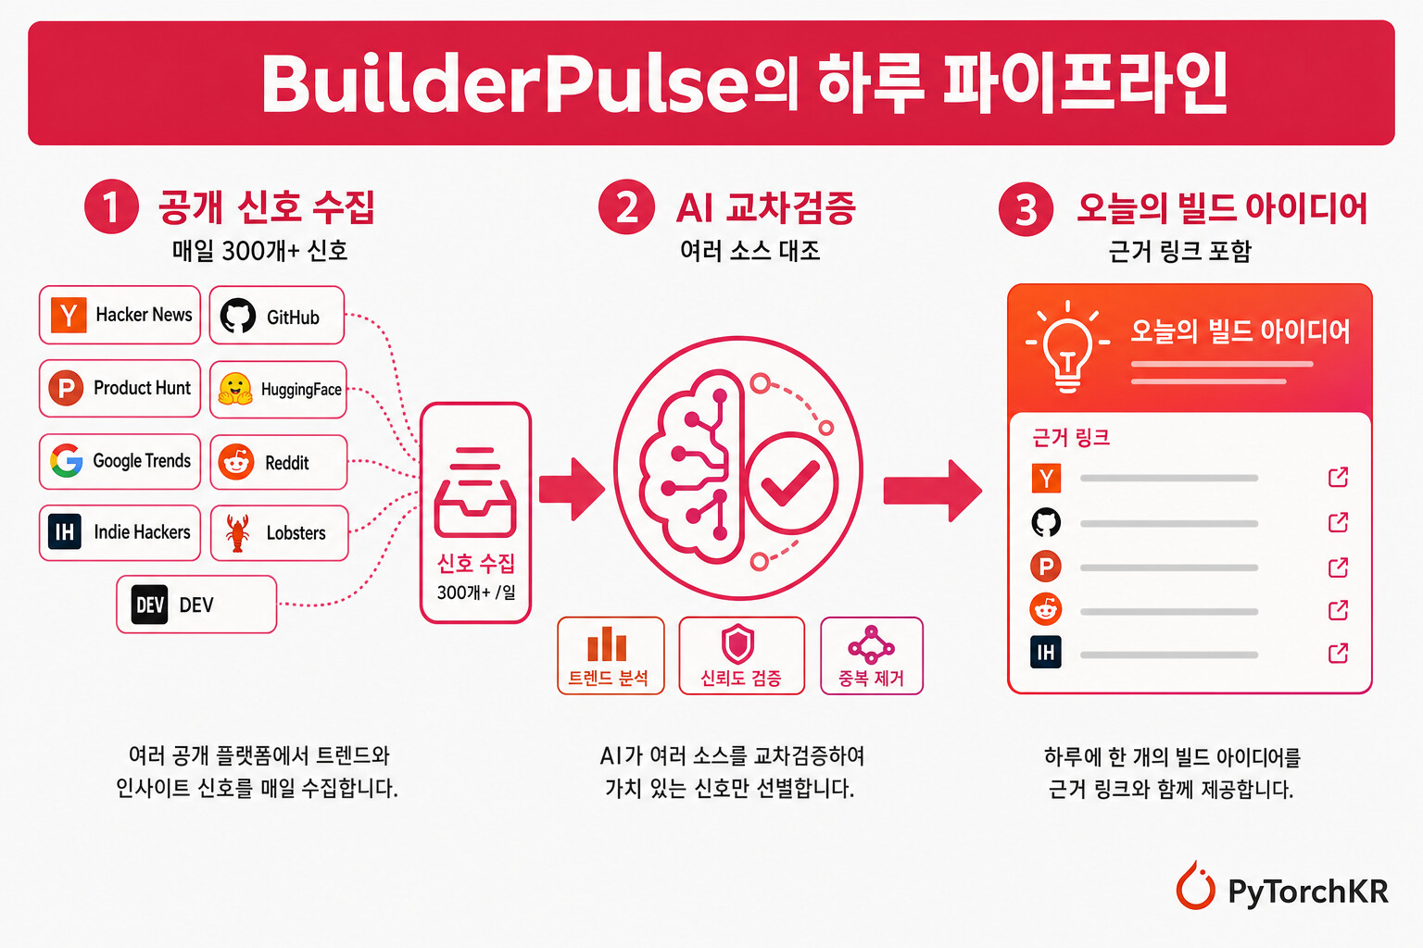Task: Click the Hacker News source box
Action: point(120,315)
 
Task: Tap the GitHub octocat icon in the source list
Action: point(237,316)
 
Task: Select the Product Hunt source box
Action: point(120,388)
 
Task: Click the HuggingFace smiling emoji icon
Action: point(235,389)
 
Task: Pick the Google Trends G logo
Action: point(67,460)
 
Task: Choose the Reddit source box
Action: point(278,462)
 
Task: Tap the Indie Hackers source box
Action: point(120,532)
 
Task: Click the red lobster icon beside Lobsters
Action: point(237,532)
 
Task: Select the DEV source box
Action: point(196,605)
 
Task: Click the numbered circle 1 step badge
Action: point(111,206)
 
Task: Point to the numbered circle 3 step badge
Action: point(1026,209)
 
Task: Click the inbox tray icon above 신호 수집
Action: point(475,493)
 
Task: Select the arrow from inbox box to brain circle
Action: point(572,489)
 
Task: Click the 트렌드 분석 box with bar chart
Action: point(611,656)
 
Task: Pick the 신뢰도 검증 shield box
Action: point(741,656)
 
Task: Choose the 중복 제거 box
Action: point(872,656)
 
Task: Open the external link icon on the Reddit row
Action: point(1338,610)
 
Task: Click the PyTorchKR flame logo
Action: point(1195,886)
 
